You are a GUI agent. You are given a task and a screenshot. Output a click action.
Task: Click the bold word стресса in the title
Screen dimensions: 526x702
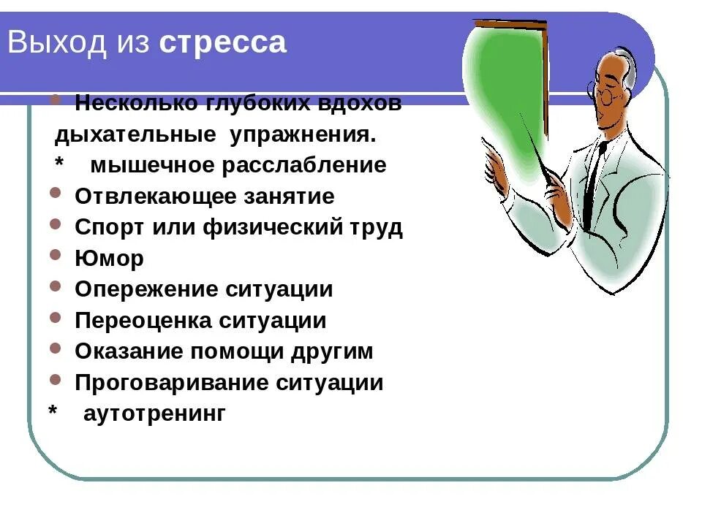click(x=222, y=43)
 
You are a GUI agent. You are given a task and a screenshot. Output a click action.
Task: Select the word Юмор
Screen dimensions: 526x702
click(x=109, y=259)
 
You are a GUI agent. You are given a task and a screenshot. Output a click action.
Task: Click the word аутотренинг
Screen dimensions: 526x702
click(x=154, y=414)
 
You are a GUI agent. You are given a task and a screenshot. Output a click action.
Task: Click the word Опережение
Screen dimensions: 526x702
click(x=140, y=290)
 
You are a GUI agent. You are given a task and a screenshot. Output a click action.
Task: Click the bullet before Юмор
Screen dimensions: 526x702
click(x=56, y=256)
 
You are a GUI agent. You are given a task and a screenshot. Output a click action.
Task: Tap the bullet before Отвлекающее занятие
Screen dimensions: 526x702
click(x=56, y=194)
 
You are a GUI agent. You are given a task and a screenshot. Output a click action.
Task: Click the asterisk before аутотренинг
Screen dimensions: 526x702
click(x=53, y=411)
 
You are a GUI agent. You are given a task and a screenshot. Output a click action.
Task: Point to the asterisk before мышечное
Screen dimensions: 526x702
click(x=60, y=162)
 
